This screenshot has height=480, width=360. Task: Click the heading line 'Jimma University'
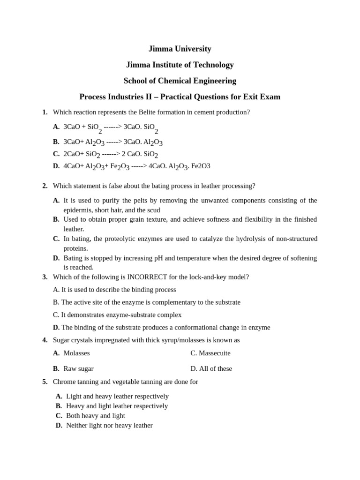coord(180,49)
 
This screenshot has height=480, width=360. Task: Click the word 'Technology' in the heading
coord(213,65)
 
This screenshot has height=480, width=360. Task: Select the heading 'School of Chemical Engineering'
coord(180,81)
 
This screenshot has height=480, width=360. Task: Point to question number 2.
coord(45,186)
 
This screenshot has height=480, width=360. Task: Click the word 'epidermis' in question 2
coord(78,210)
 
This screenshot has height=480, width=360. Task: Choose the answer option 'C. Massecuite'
coord(210,353)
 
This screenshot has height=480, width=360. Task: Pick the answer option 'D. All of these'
coord(211,368)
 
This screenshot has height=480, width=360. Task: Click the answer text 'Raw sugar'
coord(78,368)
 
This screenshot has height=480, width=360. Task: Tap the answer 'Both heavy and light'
coord(96,415)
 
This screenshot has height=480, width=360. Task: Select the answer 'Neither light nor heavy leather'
coord(109,425)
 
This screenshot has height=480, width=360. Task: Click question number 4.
coord(45,340)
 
